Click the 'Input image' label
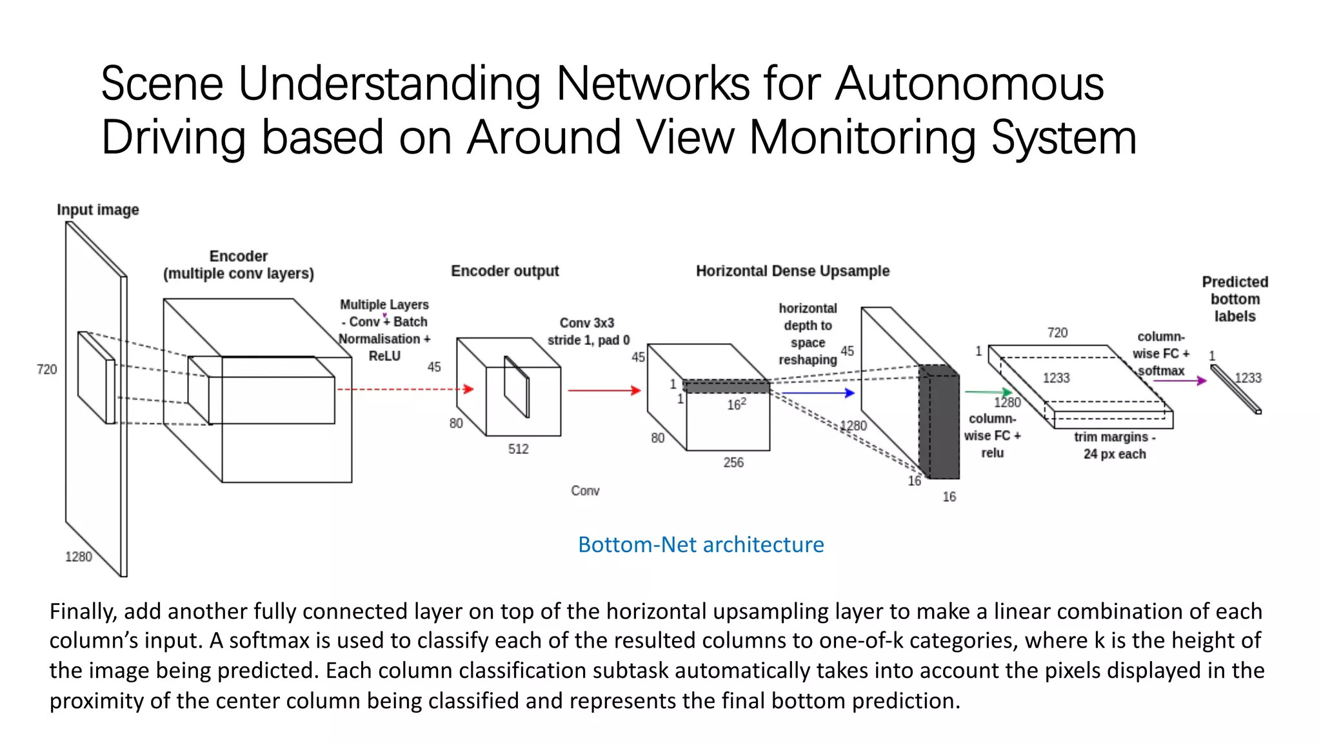(x=97, y=210)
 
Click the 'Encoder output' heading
(x=504, y=271)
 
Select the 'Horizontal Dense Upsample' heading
(x=792, y=271)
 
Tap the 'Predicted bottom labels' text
(x=1235, y=299)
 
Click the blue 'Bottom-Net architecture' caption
(x=700, y=544)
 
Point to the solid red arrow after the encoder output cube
(x=604, y=390)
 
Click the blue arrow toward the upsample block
(x=818, y=392)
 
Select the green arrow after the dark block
(x=988, y=391)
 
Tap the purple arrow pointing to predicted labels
(x=1179, y=381)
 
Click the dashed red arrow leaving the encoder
(x=405, y=389)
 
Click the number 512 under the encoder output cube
(x=518, y=449)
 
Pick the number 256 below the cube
(x=733, y=462)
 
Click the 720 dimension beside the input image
(x=46, y=370)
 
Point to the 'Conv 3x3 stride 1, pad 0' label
(x=588, y=332)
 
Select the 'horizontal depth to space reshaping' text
(x=808, y=334)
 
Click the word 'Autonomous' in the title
(x=969, y=84)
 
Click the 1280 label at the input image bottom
(x=79, y=557)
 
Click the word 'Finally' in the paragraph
(x=83, y=611)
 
